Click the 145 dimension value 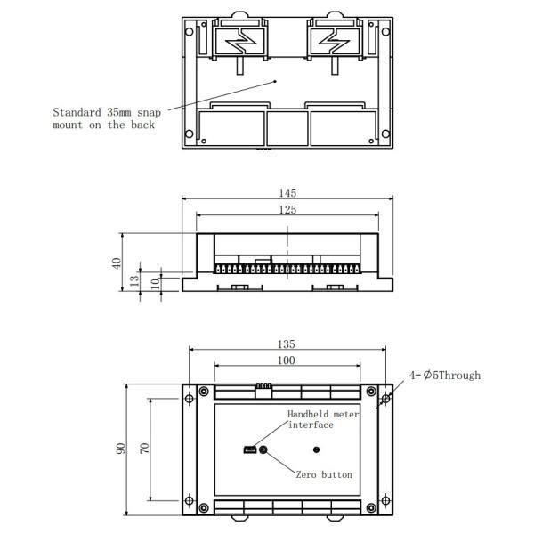(x=287, y=193)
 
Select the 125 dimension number (x=287, y=210)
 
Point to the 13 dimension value (x=134, y=280)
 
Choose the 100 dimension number (x=287, y=360)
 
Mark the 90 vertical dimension (x=122, y=450)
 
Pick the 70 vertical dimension (x=143, y=450)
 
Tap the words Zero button (x=324, y=475)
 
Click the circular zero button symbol (x=263, y=450)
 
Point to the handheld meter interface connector (x=249, y=450)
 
